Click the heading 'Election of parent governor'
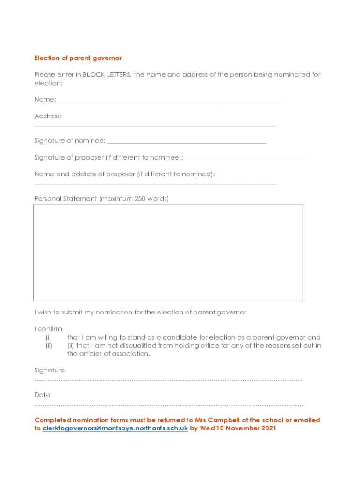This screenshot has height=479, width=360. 78,58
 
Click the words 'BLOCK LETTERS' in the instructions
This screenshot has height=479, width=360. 107,75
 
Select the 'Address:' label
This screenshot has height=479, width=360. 48,116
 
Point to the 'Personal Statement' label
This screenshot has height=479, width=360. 65,199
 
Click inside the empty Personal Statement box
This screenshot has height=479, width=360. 168,253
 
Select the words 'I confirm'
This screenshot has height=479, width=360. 48,329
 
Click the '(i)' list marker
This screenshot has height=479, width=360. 48,337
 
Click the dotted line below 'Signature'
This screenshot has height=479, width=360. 168,380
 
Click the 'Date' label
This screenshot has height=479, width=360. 42,395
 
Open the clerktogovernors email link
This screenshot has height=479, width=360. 115,428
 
